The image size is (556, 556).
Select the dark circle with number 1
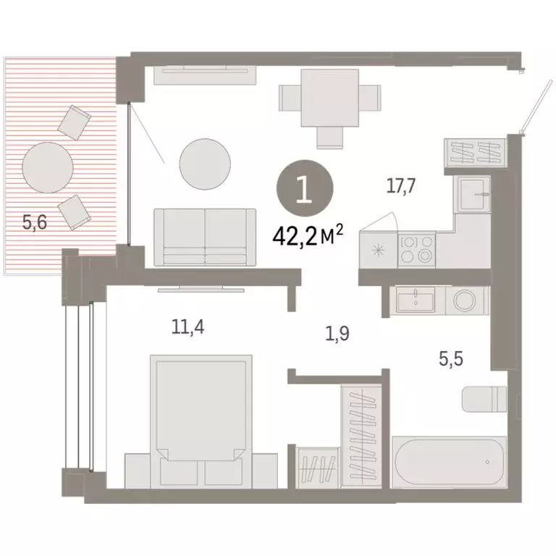tap(304, 188)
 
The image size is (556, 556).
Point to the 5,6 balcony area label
tap(34, 223)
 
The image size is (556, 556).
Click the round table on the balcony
tap(48, 167)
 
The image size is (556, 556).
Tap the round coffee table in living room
tap(206, 161)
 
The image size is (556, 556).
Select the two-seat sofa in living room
tap(205, 237)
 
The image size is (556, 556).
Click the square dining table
tap(329, 96)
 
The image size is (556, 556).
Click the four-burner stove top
tap(416, 250)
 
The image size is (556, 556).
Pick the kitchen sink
tap(473, 191)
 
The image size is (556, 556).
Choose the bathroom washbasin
tap(415, 298)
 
